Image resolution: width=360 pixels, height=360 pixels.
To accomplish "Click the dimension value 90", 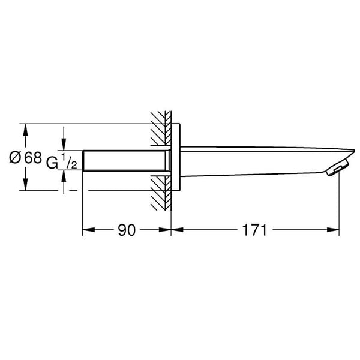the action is click(127, 230).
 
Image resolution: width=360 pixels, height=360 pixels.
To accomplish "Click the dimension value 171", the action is click(254, 230).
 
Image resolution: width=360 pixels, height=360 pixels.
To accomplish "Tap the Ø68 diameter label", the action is click(25, 157).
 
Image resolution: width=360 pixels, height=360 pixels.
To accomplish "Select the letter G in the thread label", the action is click(52, 163).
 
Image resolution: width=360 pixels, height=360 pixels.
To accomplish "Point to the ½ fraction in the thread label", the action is click(69, 161).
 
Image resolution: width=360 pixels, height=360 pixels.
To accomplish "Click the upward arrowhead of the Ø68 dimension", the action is click(25, 130).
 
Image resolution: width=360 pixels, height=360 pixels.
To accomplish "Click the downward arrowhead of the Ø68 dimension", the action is click(25, 184).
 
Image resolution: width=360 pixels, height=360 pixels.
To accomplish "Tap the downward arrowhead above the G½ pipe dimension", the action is click(64, 145).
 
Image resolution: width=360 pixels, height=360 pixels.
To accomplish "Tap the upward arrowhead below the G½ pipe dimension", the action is click(64, 176).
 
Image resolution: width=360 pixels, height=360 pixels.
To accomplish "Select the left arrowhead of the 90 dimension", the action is click(89, 230).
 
